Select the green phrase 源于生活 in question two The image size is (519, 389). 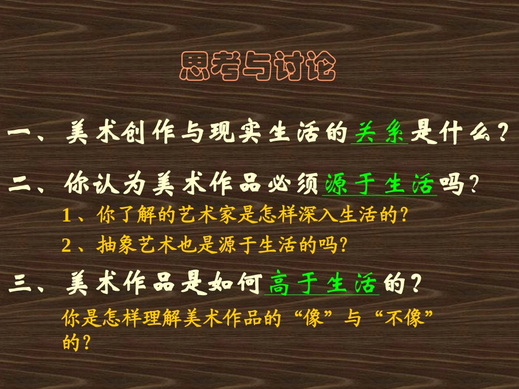380,185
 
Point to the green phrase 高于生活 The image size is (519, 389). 322,284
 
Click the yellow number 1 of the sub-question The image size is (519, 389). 67,216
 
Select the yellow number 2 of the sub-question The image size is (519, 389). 67,246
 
